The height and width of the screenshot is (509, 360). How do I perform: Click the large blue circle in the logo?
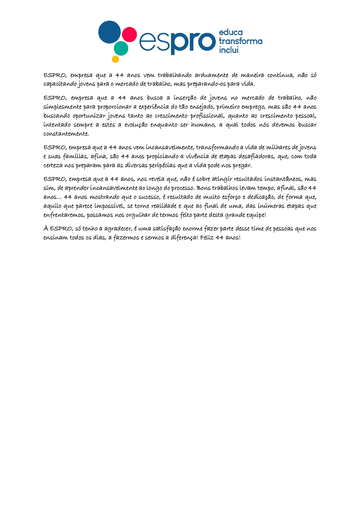click(109, 32)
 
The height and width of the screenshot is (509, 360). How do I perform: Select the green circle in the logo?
click(121, 48)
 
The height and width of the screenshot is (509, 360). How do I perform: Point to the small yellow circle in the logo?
click(115, 59)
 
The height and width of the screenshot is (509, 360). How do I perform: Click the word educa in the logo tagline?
click(231, 32)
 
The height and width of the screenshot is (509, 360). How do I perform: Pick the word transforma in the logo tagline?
click(240, 41)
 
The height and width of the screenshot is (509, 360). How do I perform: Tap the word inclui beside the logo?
click(229, 50)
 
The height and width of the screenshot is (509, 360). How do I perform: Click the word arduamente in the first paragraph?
click(211, 75)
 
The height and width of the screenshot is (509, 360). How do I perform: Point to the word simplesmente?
click(62, 107)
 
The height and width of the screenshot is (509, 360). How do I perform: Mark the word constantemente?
click(66, 134)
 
